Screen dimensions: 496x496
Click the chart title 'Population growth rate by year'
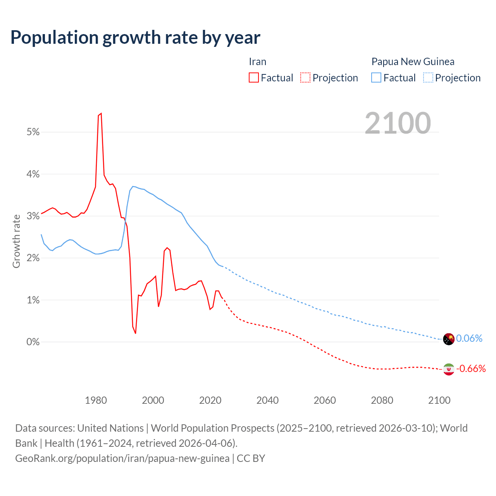pyautogui.click(x=135, y=38)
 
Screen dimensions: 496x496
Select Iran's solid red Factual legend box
pyautogui.click(x=253, y=77)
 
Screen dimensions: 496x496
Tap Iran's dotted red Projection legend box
pyautogui.click(x=305, y=77)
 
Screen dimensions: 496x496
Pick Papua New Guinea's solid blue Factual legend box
pyautogui.click(x=376, y=77)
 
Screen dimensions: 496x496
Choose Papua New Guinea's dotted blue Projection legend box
pyautogui.click(x=428, y=77)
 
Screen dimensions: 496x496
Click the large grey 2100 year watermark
pyautogui.click(x=398, y=123)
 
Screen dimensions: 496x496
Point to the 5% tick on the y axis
pyautogui.click(x=33, y=132)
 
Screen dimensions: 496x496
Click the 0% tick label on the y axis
pyautogui.click(x=33, y=342)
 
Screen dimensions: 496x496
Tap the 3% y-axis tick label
pyautogui.click(x=33, y=216)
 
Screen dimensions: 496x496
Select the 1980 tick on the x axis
pyautogui.click(x=96, y=400)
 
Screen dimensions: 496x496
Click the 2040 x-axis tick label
pyautogui.click(x=267, y=400)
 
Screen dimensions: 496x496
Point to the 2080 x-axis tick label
pyautogui.click(x=382, y=400)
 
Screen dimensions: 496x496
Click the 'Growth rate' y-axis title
pyautogui.click(x=16, y=241)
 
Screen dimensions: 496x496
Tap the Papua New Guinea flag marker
pyautogui.click(x=448, y=339)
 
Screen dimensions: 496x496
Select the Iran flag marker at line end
pyautogui.click(x=448, y=369)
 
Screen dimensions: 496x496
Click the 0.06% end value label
pyautogui.click(x=469, y=339)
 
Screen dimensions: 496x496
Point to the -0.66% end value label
pyautogui.click(x=471, y=369)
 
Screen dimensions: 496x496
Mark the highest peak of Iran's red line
pyautogui.click(x=101, y=114)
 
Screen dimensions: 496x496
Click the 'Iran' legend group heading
pyautogui.click(x=257, y=62)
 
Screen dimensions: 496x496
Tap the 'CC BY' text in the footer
pyautogui.click(x=251, y=458)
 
